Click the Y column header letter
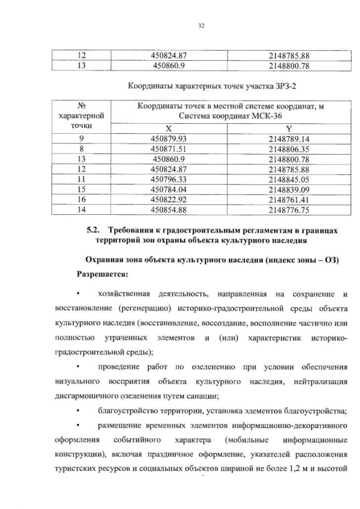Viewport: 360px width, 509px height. point(289,129)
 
